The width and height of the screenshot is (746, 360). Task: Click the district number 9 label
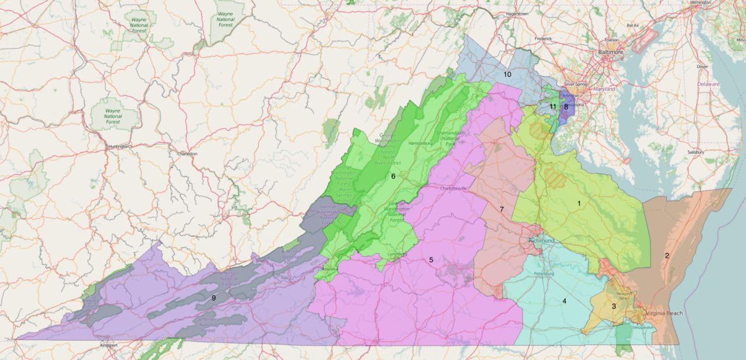214,298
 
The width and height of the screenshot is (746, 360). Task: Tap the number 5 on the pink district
431,260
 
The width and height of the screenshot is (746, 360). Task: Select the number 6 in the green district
393,176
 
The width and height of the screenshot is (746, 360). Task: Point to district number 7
501,209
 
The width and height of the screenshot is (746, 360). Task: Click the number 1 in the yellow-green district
579,203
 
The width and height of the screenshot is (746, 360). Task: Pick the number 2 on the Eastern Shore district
667,255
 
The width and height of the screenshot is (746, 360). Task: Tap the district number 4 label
564,301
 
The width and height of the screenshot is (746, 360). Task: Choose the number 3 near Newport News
613,306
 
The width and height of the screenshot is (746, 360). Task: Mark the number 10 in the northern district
507,75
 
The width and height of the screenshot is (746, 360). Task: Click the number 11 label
553,107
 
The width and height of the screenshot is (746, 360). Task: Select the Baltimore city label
610,52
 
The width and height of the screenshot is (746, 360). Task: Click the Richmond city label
541,241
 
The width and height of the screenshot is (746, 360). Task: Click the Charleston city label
188,154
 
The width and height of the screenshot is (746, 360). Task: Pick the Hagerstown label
517,13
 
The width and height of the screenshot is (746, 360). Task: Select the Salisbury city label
712,152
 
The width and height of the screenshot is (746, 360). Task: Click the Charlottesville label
454,188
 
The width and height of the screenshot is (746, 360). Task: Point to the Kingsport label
108,345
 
